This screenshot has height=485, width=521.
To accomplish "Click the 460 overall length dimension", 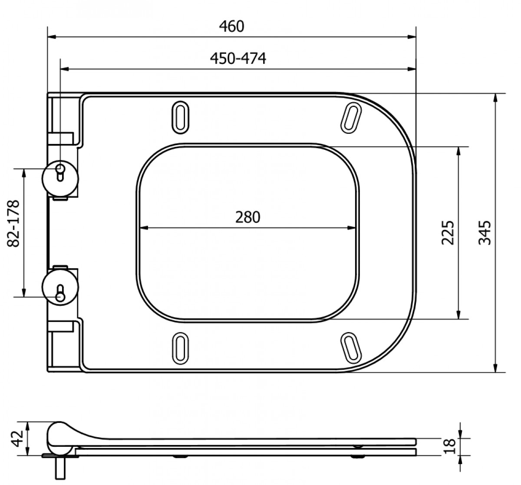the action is point(232,27).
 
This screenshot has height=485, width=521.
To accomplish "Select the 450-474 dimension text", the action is point(238,58).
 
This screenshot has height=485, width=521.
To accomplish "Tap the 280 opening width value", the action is point(247,217).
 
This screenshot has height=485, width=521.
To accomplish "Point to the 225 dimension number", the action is point(447,233).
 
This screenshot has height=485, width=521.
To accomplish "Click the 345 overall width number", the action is point(484,233).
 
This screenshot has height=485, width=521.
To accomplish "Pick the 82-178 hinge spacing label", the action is point(13,223).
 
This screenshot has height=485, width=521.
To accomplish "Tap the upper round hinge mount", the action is point(60,178).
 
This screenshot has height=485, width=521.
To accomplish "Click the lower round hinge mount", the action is point(60,287).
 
